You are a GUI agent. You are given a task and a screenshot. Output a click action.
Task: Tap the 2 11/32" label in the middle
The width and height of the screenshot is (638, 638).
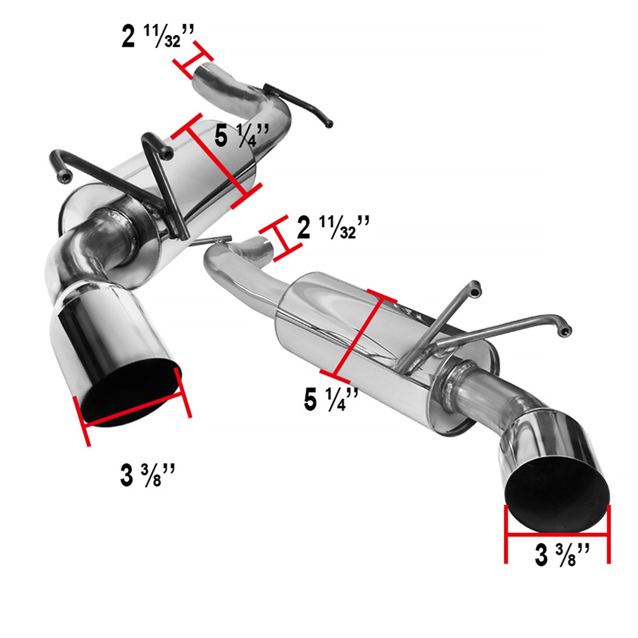pyautogui.click(x=333, y=228)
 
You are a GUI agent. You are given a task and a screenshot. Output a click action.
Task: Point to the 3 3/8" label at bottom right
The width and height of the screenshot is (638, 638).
pyautogui.click(x=562, y=555)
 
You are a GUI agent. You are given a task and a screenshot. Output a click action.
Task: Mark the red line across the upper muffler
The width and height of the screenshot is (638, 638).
pyautogui.click(x=216, y=162)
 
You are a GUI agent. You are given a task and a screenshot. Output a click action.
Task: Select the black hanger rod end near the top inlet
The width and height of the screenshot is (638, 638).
pyautogui.click(x=328, y=124)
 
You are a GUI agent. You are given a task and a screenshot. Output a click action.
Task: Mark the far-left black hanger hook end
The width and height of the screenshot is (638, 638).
pyautogui.click(x=64, y=179)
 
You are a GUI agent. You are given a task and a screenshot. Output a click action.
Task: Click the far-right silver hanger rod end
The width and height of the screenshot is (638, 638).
pyautogui.click(x=566, y=332)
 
